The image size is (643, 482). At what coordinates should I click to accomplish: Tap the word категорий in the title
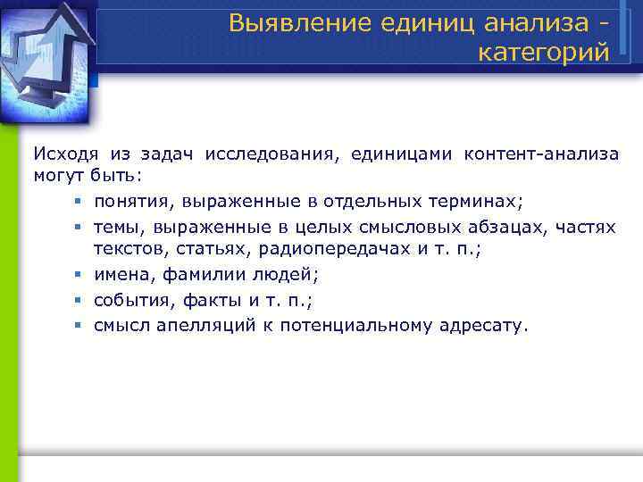tap(544, 53)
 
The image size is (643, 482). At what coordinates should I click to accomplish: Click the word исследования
tap(271, 154)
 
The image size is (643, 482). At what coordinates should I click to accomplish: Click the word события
tap(130, 301)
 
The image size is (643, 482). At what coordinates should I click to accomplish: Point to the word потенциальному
tap(356, 326)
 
